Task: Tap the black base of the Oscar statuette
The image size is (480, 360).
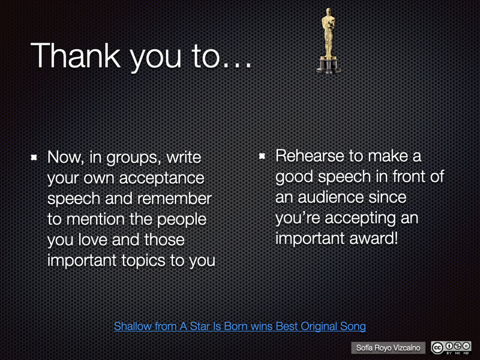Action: click(x=329, y=65)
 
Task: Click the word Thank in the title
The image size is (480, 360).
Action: click(x=75, y=55)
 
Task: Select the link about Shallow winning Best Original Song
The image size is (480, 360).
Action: click(x=240, y=326)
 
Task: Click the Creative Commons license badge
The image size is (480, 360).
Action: click(x=451, y=348)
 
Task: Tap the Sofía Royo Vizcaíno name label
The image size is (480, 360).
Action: click(x=388, y=348)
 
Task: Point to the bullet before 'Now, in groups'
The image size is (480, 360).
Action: click(x=34, y=158)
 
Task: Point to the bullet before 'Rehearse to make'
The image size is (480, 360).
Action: click(x=262, y=157)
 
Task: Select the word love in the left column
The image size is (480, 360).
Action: click(x=93, y=240)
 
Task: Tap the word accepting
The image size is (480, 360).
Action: click(x=360, y=219)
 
